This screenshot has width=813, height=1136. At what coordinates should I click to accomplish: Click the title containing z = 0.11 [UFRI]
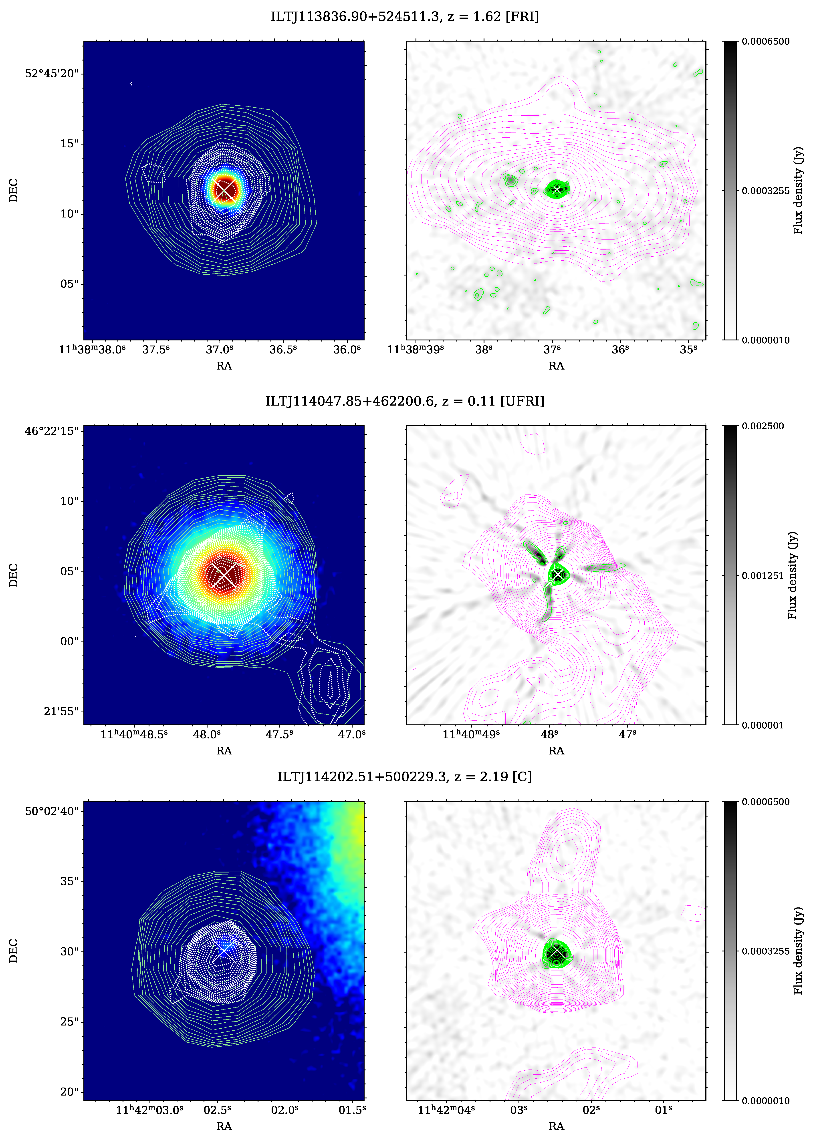(404, 401)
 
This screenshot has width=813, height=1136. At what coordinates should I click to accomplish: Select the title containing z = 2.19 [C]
(404, 777)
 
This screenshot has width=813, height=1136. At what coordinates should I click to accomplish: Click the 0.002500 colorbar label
(763, 426)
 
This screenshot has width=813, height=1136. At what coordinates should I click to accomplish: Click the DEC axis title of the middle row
(14, 575)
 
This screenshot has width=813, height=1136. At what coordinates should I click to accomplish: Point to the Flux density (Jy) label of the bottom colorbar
(798, 951)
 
